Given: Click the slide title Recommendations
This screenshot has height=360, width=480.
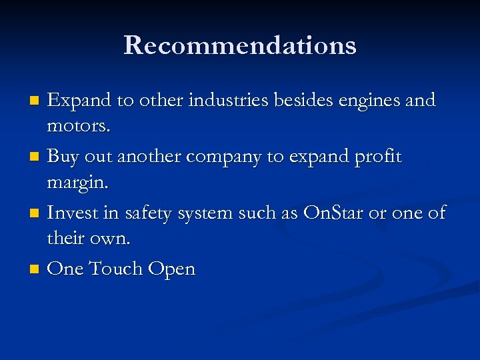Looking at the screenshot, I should point(240,45).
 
